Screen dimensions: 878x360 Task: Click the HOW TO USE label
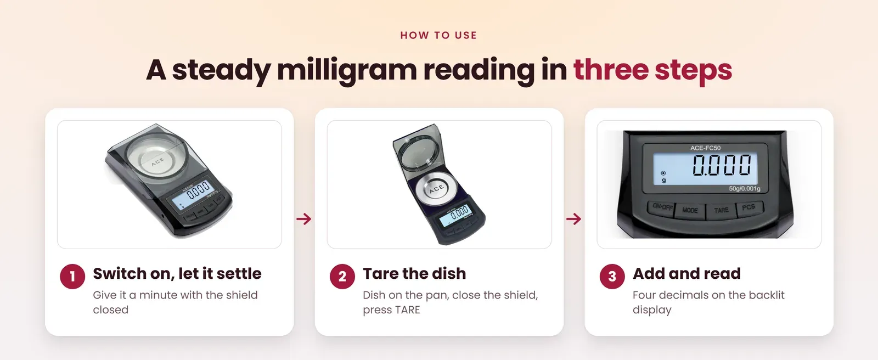pos(438,35)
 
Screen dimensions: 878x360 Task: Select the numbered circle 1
pos(72,277)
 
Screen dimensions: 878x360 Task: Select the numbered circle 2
pos(342,277)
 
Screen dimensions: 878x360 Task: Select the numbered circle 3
pos(612,277)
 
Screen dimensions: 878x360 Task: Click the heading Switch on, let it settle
pos(177,273)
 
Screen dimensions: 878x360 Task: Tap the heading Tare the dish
pos(414,273)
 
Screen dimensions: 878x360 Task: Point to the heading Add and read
pos(686,273)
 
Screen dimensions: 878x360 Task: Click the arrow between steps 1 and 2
pos(304,218)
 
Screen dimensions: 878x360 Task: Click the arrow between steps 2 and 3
pos(574,218)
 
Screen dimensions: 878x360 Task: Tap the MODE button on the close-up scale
pos(690,211)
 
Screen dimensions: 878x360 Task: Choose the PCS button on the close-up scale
pos(749,207)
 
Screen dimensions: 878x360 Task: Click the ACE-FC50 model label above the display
pos(706,148)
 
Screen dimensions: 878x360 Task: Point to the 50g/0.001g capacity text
pos(744,189)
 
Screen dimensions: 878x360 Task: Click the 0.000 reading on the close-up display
pos(722,165)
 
